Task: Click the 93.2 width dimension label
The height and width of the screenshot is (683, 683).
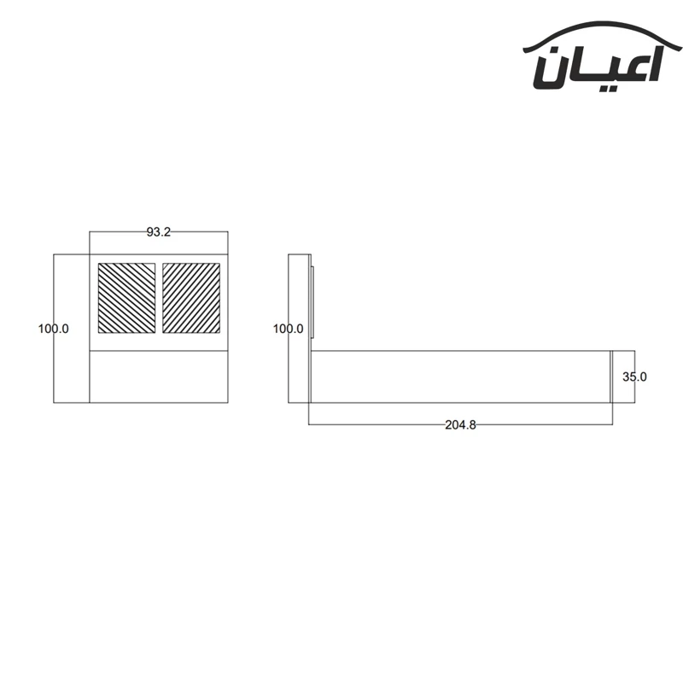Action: pyautogui.click(x=159, y=232)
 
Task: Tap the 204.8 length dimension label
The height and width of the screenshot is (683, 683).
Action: pyautogui.click(x=460, y=424)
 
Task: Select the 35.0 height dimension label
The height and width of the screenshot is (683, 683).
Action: pyautogui.click(x=634, y=377)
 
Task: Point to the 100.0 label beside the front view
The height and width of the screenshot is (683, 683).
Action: pyautogui.click(x=54, y=329)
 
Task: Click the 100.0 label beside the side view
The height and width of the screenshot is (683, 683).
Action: pyautogui.click(x=289, y=329)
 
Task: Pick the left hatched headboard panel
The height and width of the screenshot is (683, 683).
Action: pyautogui.click(x=126, y=298)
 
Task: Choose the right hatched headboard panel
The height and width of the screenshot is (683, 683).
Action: pyautogui.click(x=191, y=298)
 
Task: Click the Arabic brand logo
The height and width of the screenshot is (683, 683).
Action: pyautogui.click(x=603, y=55)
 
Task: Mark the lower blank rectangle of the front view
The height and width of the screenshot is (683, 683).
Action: pyautogui.click(x=159, y=377)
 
